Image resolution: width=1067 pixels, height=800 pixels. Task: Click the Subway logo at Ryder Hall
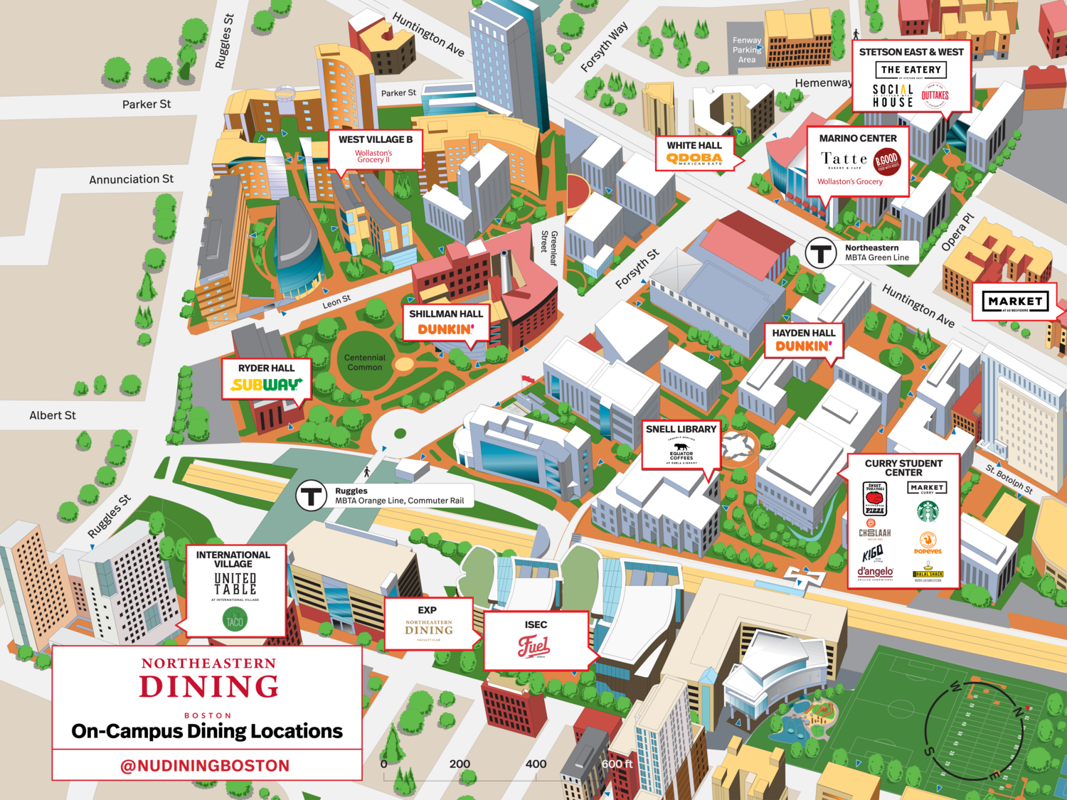266,385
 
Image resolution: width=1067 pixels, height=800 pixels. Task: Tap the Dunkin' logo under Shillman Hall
445,329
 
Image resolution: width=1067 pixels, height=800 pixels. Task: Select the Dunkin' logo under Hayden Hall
803,346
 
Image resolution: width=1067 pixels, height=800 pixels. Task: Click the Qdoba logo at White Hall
694,159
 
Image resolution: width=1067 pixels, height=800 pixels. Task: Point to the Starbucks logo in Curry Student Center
928,511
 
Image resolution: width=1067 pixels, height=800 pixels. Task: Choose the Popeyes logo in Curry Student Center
928,543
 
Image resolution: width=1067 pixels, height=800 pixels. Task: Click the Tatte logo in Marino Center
844,159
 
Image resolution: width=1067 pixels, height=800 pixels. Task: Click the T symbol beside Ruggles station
311,496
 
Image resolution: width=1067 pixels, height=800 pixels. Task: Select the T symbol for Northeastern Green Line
820,252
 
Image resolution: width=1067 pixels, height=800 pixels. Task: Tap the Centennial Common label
364,363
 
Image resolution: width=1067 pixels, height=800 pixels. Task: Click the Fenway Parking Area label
747,50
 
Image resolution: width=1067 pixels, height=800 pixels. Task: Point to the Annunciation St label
131,179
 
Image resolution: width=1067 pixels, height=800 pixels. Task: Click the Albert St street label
52,415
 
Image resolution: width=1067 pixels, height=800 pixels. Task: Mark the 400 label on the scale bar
536,764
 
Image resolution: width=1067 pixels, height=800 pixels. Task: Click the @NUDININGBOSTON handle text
205,766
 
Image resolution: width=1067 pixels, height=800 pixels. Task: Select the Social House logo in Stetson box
893,96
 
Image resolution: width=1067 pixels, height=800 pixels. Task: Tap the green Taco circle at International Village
234,620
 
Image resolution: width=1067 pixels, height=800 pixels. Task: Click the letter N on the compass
1018,712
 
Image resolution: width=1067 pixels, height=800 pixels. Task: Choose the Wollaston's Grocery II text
373,156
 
